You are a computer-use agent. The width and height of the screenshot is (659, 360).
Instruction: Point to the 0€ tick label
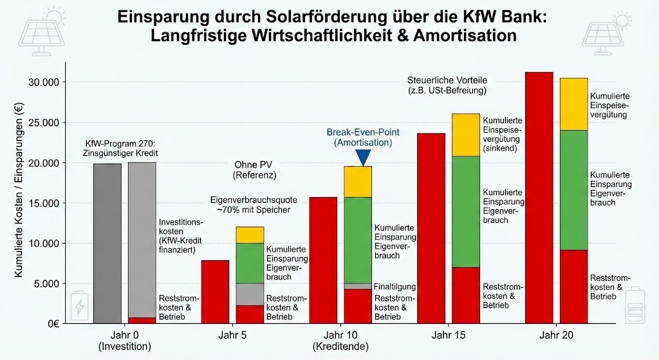tap(56, 324)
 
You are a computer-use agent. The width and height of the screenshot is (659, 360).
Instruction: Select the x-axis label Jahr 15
tap(449, 336)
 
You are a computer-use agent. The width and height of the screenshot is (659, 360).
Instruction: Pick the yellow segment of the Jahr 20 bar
tap(573, 104)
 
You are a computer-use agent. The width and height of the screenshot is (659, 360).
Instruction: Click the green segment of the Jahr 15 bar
tap(465, 211)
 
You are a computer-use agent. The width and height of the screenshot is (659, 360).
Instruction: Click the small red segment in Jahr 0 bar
tap(142, 320)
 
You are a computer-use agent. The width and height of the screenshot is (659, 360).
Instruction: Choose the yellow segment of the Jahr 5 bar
tap(250, 235)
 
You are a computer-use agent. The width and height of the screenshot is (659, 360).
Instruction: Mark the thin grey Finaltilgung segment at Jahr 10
tap(357, 286)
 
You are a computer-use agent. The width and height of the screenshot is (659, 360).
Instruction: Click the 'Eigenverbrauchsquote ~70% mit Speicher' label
tap(254, 205)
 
